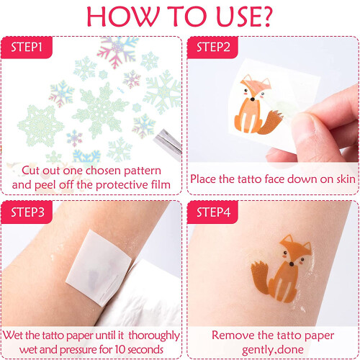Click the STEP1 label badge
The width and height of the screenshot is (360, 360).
[x=27, y=48]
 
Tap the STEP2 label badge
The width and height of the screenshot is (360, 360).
[x=212, y=48]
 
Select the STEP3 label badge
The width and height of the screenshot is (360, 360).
[x=27, y=212]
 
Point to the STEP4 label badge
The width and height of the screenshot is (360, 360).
[x=212, y=212]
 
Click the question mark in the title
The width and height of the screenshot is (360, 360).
[x=266, y=17]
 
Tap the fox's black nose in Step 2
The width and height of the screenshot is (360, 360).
[x=252, y=99]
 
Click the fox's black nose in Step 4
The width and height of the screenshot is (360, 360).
[x=292, y=264]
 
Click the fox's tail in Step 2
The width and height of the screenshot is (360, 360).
[x=271, y=122]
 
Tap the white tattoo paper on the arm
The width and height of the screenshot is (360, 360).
[x=99, y=267]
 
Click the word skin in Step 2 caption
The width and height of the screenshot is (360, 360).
[x=345, y=179]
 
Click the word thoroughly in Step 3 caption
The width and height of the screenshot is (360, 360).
[x=154, y=336]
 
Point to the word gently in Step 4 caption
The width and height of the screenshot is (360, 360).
[x=257, y=350]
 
